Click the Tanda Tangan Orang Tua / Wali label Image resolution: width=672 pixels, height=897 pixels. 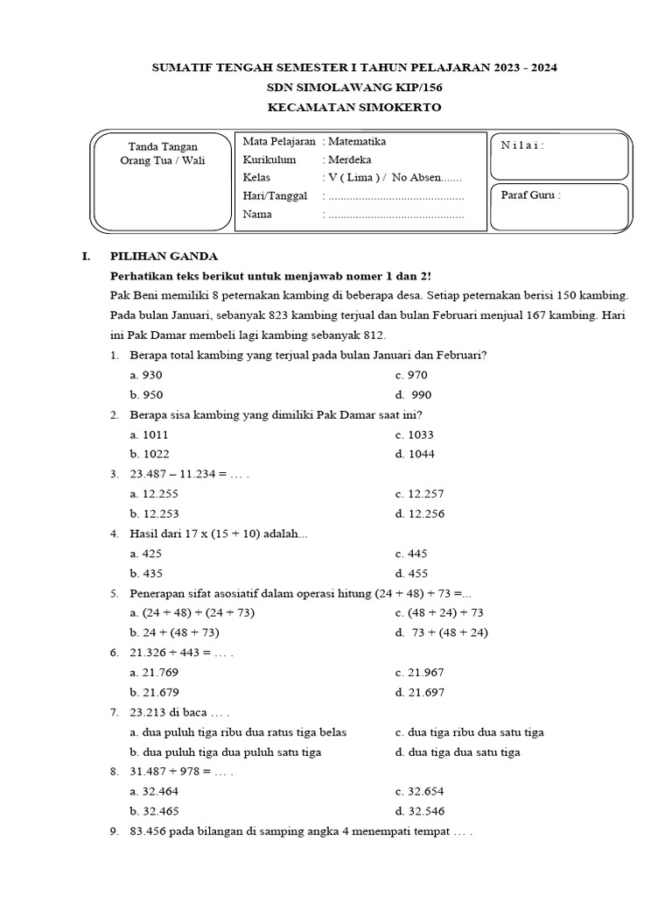163,153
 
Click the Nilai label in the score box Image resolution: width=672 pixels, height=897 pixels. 522,145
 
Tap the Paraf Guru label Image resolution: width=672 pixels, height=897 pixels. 530,195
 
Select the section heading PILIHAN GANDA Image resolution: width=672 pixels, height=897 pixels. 164,257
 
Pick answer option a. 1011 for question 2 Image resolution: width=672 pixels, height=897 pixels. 149,434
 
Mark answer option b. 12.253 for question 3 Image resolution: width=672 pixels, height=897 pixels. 154,513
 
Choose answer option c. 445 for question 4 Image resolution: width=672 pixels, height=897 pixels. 410,554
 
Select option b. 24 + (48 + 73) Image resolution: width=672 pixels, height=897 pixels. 174,632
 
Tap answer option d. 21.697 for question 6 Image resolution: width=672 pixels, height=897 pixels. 420,692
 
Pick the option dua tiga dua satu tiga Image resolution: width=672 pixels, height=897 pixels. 458,752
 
